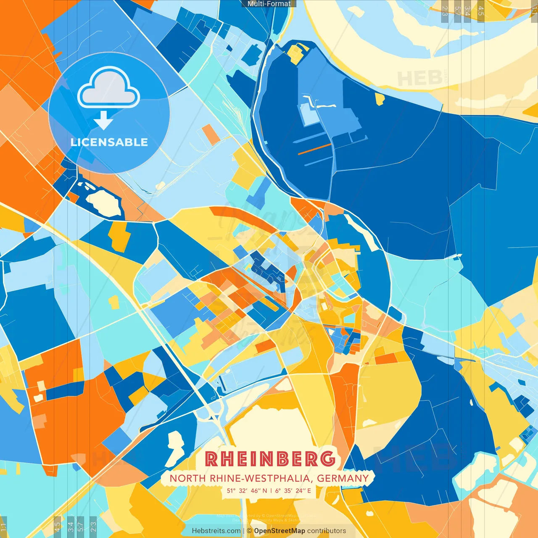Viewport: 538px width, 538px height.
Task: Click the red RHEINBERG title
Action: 271,459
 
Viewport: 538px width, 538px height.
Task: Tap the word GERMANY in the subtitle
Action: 343,478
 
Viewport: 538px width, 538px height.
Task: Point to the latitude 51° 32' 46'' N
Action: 247,491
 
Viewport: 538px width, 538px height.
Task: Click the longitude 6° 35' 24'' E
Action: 293,491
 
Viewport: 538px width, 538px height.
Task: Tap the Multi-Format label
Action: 269,4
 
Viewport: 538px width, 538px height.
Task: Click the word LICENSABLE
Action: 109,142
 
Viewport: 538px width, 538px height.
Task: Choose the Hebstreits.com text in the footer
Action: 216,531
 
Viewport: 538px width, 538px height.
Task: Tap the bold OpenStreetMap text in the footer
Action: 280,531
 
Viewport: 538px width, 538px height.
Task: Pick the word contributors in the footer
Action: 327,531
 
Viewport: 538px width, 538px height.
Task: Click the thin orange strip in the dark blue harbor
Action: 314,149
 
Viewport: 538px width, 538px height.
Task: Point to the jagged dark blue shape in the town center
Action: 269,271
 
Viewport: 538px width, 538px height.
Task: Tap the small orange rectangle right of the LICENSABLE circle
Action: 208,134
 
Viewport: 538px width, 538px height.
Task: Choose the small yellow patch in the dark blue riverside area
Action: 380,99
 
